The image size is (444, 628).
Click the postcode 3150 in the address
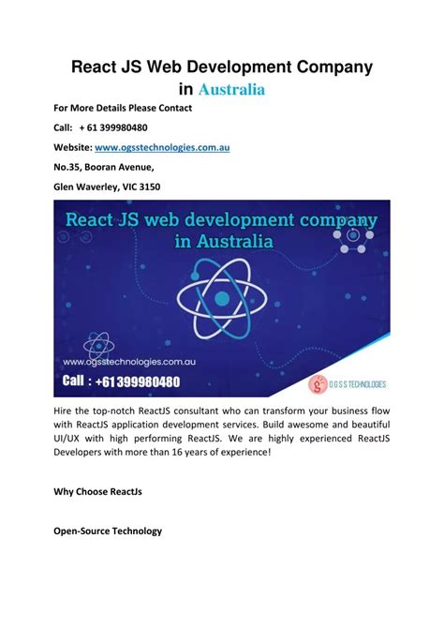(x=147, y=187)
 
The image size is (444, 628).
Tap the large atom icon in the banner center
(x=221, y=299)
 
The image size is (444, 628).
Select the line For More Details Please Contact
(x=122, y=108)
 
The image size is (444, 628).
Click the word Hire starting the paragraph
(x=67, y=410)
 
